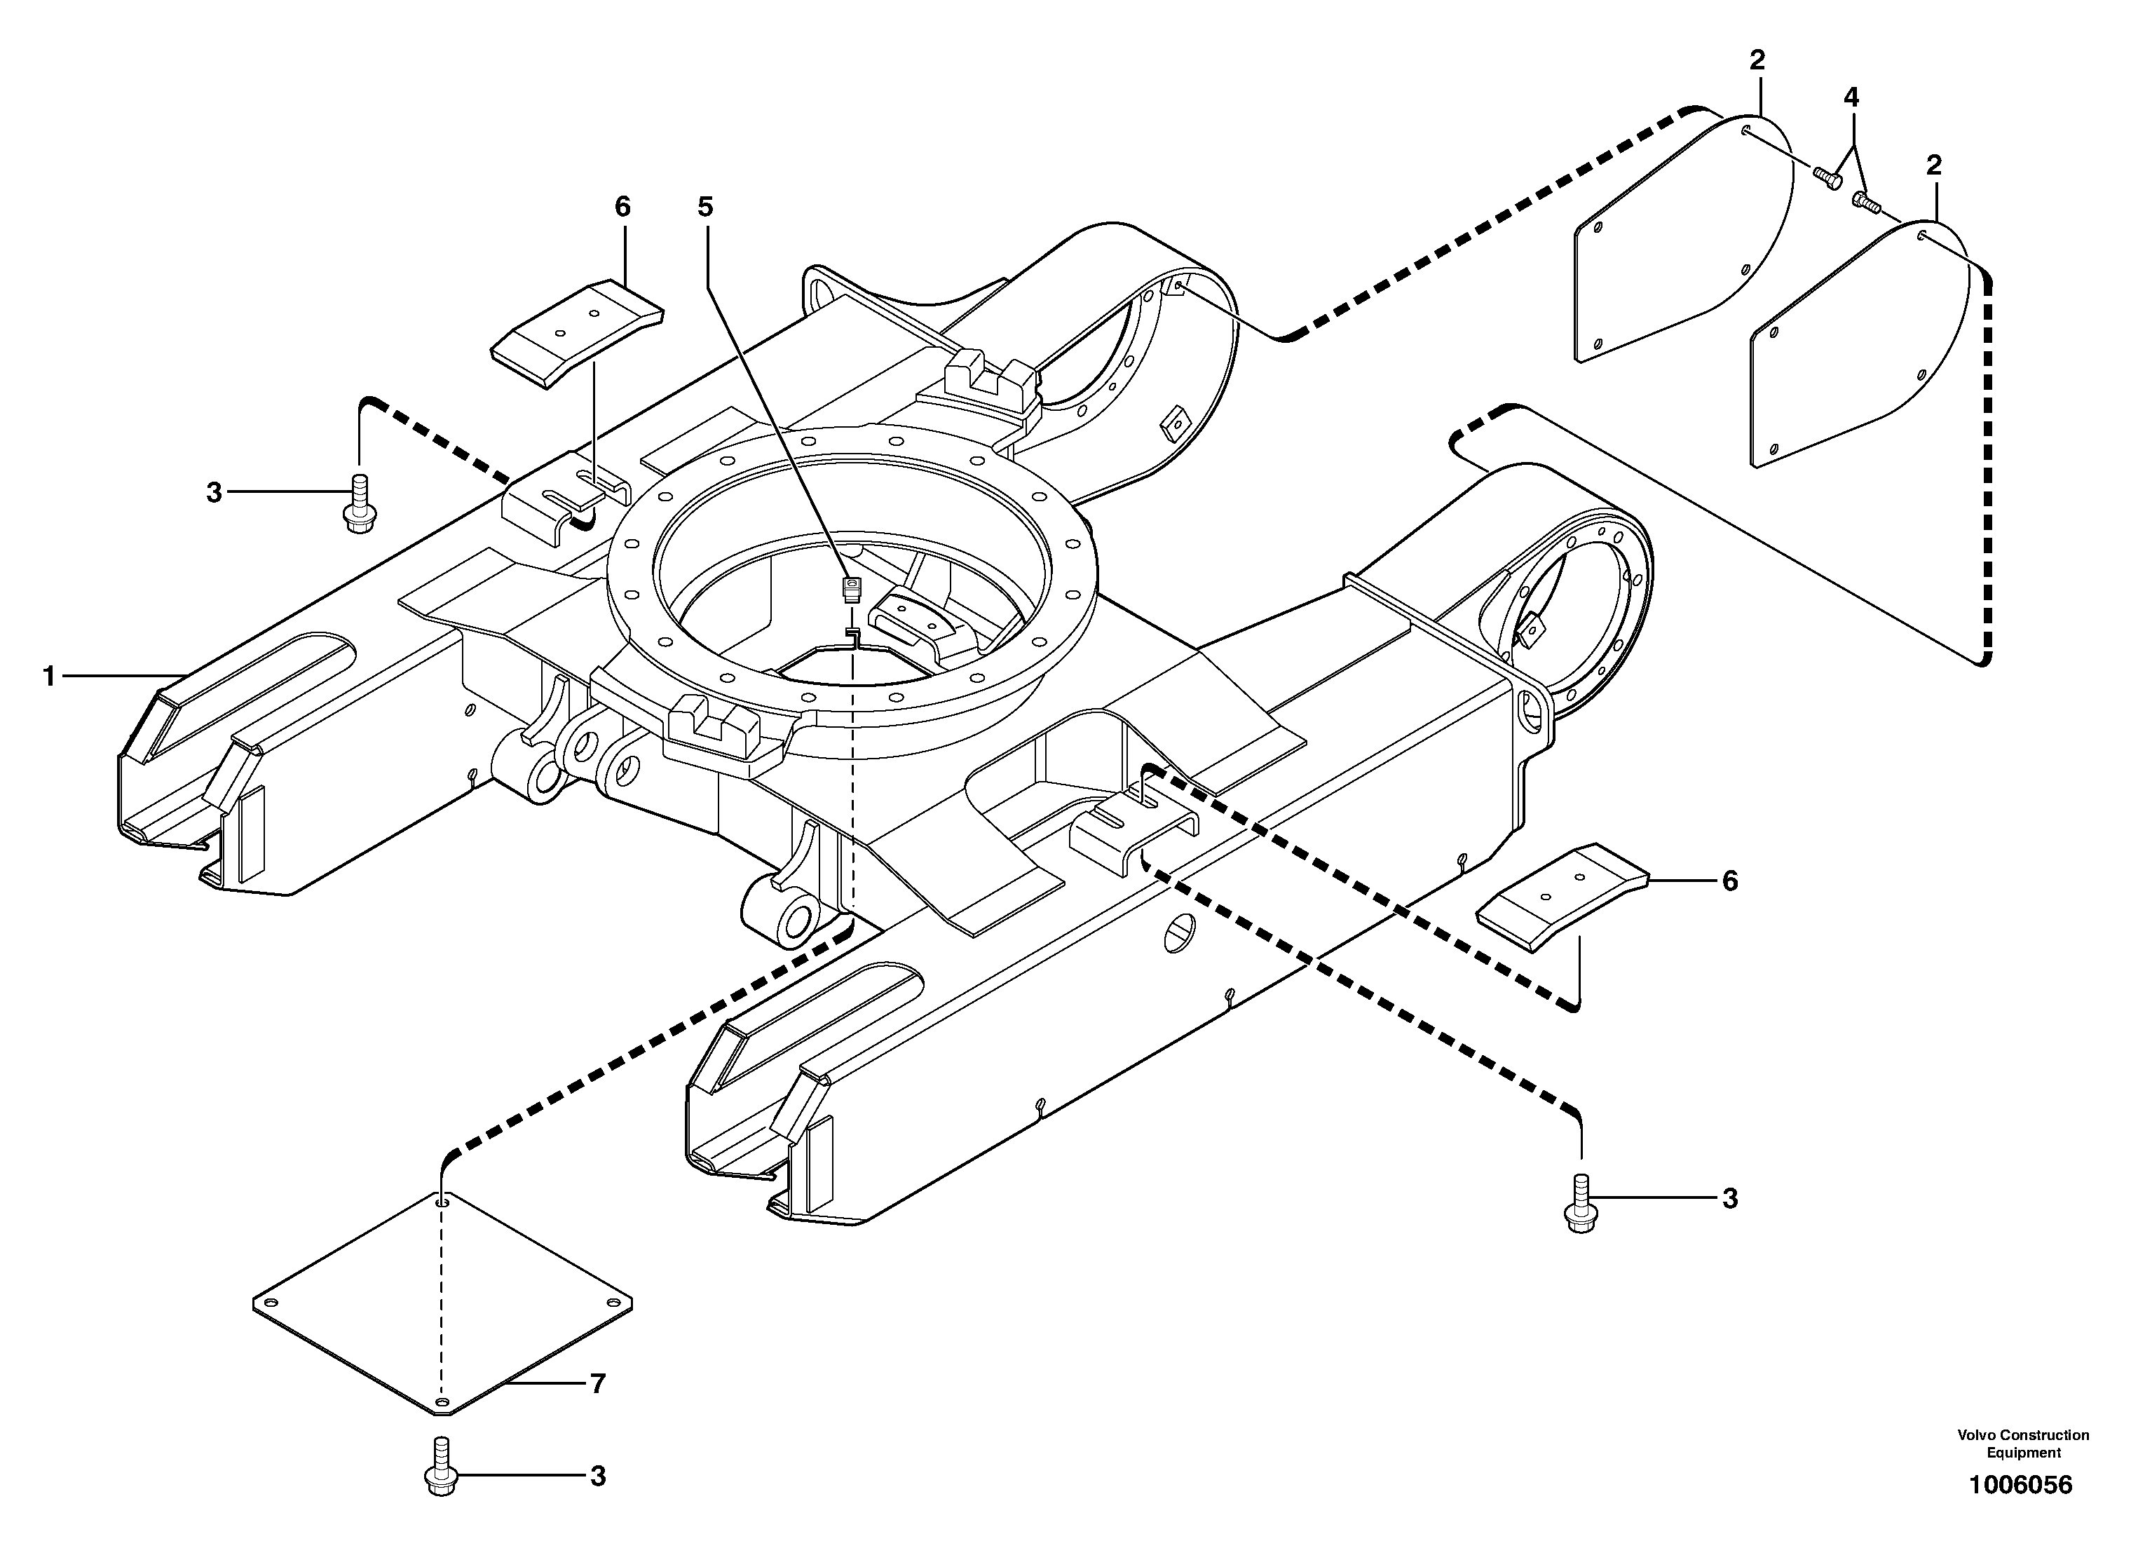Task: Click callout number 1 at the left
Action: [49, 676]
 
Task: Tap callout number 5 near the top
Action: [706, 207]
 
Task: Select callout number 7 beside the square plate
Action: [597, 1383]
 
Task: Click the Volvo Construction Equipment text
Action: [2023, 1444]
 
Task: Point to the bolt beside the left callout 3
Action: [359, 505]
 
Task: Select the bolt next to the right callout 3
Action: [1581, 1204]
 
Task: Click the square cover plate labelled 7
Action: [442, 1306]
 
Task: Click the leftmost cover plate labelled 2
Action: [1682, 244]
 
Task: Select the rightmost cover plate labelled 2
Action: [1860, 348]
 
